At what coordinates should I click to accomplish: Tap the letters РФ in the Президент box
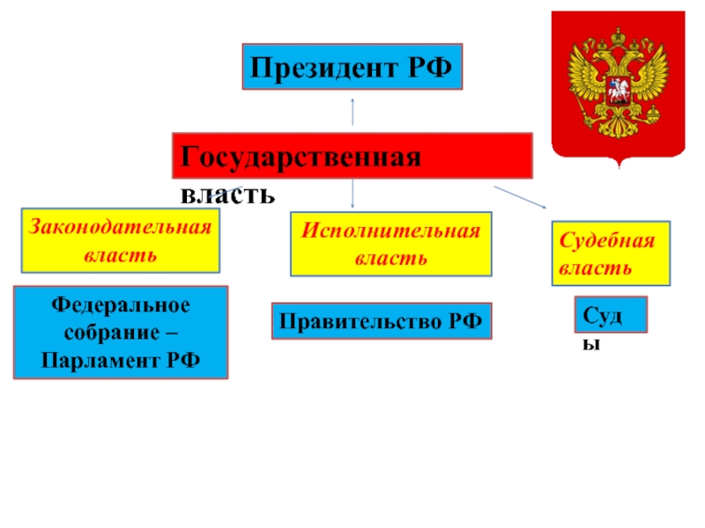tap(431, 67)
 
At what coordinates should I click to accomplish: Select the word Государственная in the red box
tap(299, 158)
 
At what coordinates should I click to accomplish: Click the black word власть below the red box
tap(227, 192)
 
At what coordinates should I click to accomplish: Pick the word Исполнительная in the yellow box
tap(390, 231)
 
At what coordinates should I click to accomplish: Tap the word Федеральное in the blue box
tap(121, 305)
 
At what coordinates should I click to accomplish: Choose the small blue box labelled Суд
tap(611, 314)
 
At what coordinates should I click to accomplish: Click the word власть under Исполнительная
tap(390, 259)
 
